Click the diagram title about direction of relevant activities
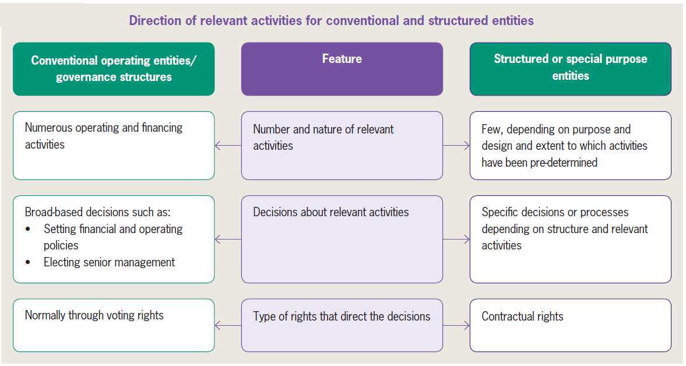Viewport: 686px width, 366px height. [331, 21]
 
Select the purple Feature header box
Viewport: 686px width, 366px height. [342, 69]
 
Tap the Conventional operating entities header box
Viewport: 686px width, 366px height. [114, 69]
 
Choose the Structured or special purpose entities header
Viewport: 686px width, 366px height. [570, 69]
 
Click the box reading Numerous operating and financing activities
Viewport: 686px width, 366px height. [114, 145]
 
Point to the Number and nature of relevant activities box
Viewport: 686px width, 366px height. [342, 145]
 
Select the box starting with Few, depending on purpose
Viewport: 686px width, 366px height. [570, 145]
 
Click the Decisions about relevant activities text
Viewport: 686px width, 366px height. [331, 212]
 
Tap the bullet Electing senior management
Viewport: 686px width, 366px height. [109, 262]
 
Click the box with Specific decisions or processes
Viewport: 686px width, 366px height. [570, 239]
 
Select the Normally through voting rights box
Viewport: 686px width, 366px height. [114, 325]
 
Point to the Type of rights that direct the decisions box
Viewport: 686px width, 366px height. [342, 325]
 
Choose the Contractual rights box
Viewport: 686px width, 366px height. [570, 325]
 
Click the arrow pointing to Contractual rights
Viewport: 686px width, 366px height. [456, 325]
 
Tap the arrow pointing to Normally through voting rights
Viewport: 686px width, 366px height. [228, 325]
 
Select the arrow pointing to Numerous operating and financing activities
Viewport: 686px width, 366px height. [228, 146]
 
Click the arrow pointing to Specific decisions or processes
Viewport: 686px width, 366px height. [456, 239]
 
